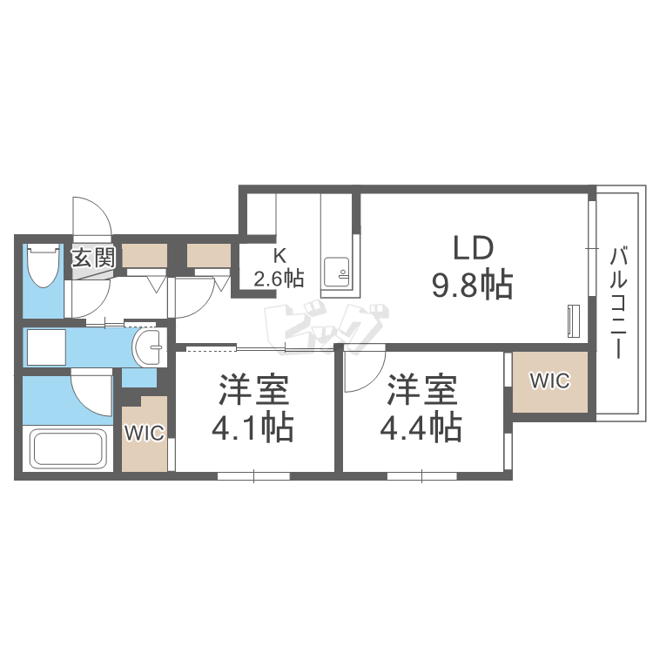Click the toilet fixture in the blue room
point(43,265)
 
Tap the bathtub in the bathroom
point(68,450)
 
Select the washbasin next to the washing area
point(148,347)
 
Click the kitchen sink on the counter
point(336,272)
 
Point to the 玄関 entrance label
point(93,258)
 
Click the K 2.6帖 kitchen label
point(279,267)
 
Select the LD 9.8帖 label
point(472,266)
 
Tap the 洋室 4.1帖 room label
point(253,408)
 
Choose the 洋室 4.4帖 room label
point(421,408)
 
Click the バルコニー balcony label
point(618,303)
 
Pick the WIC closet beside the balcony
point(549,380)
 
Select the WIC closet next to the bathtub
point(145,433)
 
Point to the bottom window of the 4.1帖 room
point(253,476)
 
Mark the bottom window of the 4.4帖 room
point(422,476)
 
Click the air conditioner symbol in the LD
point(574,320)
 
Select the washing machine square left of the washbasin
point(46,347)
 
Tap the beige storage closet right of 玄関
point(145,255)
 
